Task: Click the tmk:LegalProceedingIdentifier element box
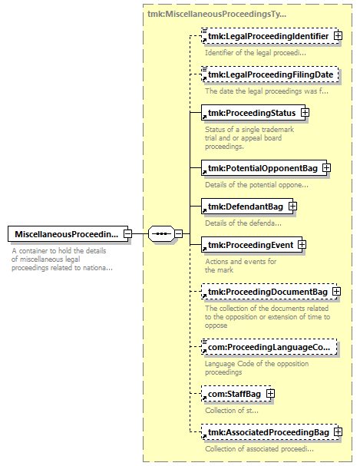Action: pos(269,36)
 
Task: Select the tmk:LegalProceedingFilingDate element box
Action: pos(269,74)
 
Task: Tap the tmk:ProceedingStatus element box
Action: pos(253,113)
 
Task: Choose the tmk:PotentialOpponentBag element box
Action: pos(264,168)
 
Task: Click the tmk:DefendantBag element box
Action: pos(247,207)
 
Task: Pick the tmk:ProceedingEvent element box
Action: pos(252,245)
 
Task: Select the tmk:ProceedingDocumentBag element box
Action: pos(269,292)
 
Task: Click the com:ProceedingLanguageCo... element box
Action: pos(269,347)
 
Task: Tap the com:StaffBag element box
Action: pos(236,394)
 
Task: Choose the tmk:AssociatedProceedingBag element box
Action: pos(269,432)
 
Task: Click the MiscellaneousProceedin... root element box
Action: pos(68,234)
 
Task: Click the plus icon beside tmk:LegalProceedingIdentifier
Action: pos(338,36)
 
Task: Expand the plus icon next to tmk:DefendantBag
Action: pos(293,207)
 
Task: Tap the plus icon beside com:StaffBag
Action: pos(271,394)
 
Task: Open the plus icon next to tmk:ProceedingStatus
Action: pos(305,113)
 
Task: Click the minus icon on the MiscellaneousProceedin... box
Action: pos(127,234)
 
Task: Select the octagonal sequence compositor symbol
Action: pos(161,234)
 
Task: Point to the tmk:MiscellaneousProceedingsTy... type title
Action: pos(216,14)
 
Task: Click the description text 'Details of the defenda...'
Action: pos(243,223)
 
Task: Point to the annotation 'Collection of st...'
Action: pos(232,411)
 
